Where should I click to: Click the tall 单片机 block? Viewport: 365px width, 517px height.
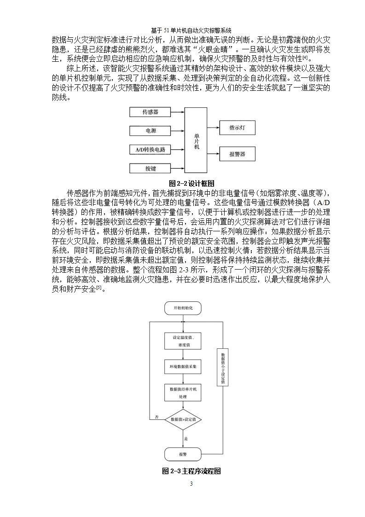(x=197, y=140)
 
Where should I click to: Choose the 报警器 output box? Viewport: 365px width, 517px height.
(x=237, y=154)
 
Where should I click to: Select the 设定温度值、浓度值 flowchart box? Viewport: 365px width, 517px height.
(x=183, y=341)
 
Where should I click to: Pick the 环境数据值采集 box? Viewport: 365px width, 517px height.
(x=183, y=367)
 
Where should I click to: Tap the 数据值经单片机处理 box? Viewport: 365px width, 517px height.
(x=183, y=393)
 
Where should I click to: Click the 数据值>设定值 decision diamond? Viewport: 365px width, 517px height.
(x=183, y=419)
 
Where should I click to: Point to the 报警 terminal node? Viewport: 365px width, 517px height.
(x=183, y=454)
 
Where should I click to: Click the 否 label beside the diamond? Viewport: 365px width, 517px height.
(x=157, y=417)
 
